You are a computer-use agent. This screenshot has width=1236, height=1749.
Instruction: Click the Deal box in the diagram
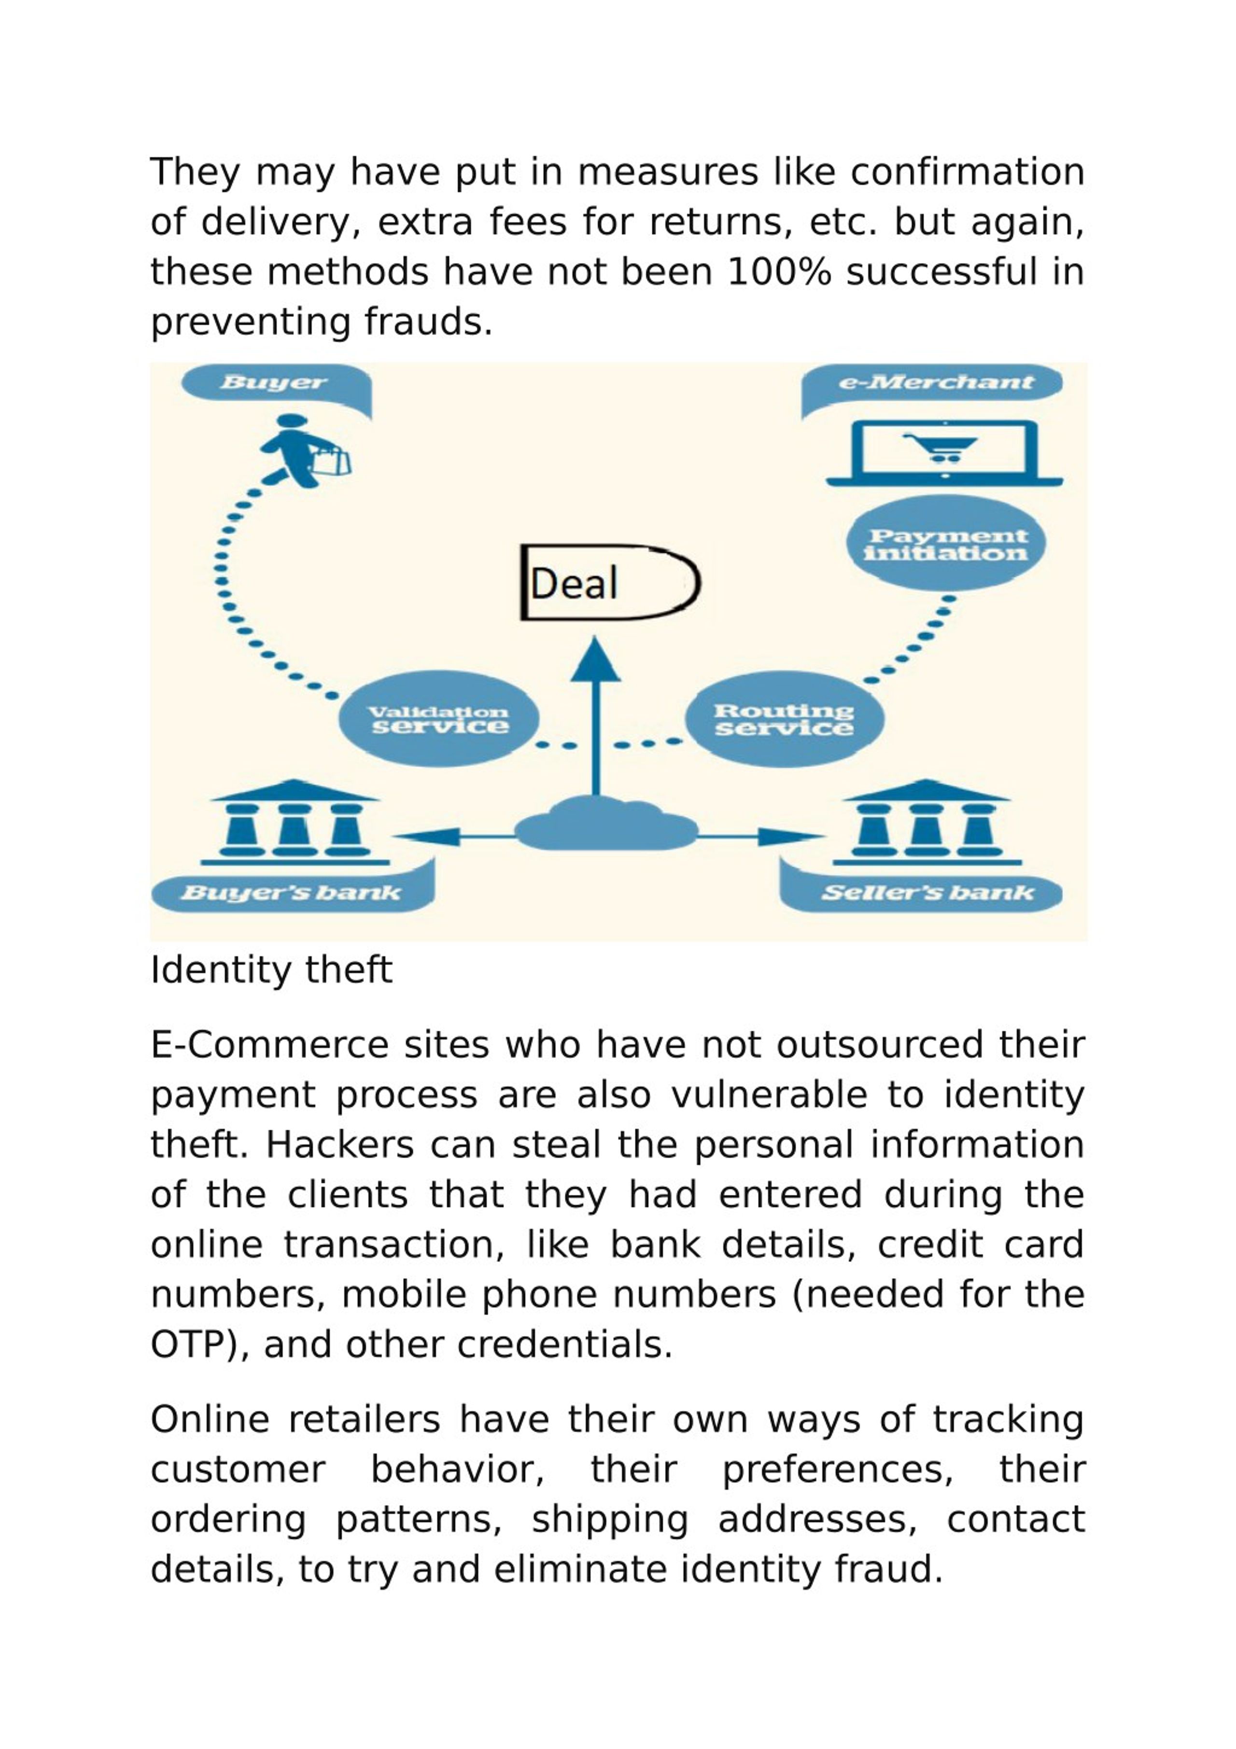click(610, 583)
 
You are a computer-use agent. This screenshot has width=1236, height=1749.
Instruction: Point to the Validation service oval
click(439, 718)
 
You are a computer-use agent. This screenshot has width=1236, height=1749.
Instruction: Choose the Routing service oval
click(784, 718)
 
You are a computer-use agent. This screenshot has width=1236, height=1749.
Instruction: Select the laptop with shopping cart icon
click(945, 452)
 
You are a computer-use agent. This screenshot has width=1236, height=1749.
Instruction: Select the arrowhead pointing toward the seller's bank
click(791, 837)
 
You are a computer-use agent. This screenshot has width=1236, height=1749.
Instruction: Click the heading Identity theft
click(271, 970)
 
